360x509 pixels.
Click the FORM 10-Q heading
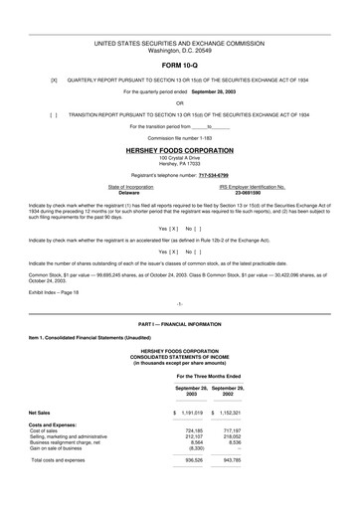point(179,68)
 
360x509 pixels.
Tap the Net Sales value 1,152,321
point(236,411)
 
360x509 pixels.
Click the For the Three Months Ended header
point(213,377)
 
